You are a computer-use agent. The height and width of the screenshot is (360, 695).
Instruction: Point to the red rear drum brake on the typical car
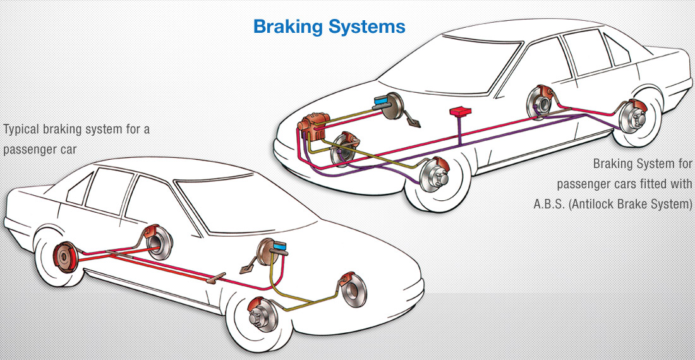63,256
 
